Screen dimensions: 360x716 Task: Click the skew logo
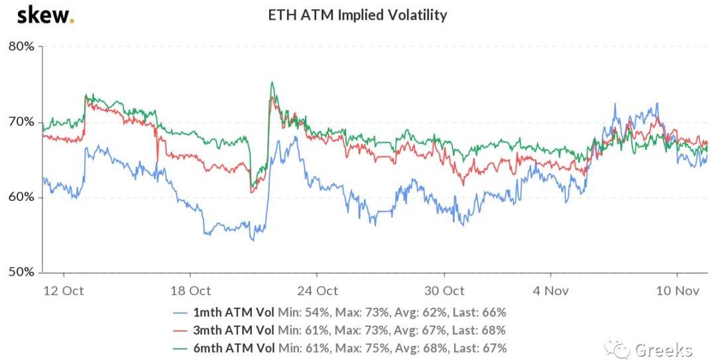click(x=45, y=15)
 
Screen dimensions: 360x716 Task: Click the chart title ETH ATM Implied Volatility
click(x=357, y=15)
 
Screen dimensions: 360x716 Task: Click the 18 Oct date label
click(x=191, y=290)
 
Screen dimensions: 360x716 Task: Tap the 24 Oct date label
click(x=318, y=290)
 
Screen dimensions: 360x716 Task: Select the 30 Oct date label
click(x=444, y=290)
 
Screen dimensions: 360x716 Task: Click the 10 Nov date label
click(x=677, y=290)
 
